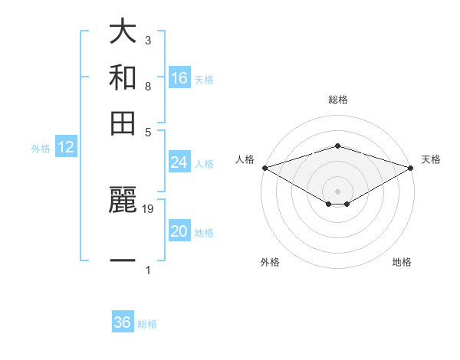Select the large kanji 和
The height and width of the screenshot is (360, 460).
click(x=123, y=77)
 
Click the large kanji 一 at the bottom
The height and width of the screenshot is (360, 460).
click(x=123, y=260)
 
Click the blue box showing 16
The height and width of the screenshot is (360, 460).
click(x=179, y=78)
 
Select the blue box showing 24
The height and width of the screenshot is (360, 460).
click(x=179, y=162)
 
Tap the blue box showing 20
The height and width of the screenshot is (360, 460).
click(x=179, y=231)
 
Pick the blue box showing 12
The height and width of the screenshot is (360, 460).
click(x=66, y=148)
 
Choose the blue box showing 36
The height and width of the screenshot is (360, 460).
click(x=123, y=322)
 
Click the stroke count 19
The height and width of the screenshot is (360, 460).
click(x=149, y=208)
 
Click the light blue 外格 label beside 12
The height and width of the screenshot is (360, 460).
click(x=41, y=149)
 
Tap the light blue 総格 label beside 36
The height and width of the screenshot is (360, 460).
click(x=147, y=324)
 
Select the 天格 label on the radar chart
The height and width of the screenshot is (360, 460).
click(x=431, y=159)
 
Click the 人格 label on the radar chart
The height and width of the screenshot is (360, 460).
click(x=245, y=159)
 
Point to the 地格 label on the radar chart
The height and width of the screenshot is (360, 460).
click(x=402, y=263)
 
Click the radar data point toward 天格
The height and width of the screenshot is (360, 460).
click(x=411, y=167)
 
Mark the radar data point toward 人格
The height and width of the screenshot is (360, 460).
click(x=264, y=167)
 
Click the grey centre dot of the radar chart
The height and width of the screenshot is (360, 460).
click(x=337, y=191)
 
